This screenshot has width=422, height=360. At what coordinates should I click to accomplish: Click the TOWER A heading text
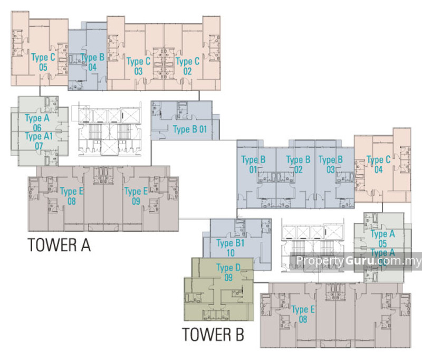click(x=59, y=245)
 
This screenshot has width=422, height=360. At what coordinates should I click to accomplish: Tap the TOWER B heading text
click(x=213, y=335)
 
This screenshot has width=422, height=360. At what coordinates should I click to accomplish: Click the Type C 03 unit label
click(x=139, y=66)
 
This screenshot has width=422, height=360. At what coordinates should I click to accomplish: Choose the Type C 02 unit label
click(x=187, y=66)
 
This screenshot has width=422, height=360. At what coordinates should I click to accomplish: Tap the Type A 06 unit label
click(x=37, y=122)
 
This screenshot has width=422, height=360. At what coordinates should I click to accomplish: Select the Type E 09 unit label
click(x=136, y=196)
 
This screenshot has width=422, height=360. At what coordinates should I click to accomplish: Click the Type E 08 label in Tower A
click(x=72, y=196)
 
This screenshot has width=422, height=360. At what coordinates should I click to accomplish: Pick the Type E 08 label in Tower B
click(x=303, y=314)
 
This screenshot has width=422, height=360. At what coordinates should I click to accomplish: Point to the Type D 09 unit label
click(x=228, y=273)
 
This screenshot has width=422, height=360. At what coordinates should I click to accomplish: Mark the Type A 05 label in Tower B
click(x=382, y=239)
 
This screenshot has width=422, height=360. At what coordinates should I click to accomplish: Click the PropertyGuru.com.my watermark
click(x=358, y=260)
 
